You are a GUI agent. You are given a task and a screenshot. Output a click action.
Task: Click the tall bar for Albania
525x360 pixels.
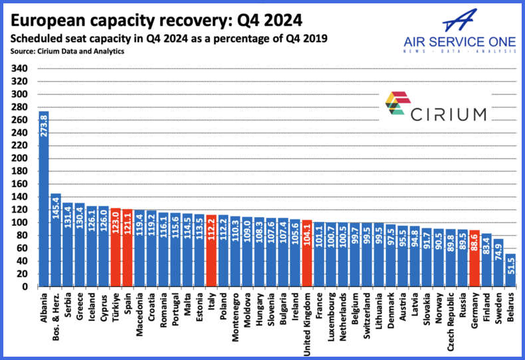coord(44,199)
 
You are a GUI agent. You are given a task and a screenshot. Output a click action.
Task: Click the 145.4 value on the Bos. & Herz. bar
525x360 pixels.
coord(56,206)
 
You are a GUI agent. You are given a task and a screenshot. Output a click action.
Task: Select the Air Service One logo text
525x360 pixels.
coord(459,43)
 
